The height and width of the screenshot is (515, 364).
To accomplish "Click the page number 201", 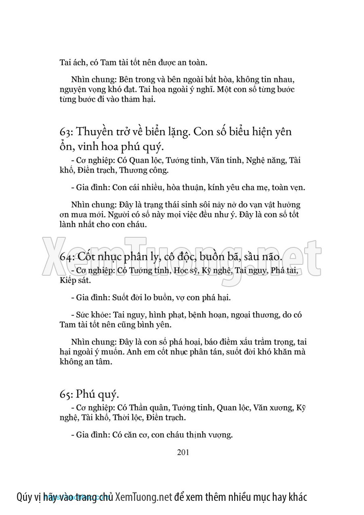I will pos(183,452).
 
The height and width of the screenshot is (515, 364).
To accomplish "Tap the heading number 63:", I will pos(66,132).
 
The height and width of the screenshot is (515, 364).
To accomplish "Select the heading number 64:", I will pos(66,257).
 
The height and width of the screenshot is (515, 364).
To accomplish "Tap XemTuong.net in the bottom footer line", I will pos(144,497).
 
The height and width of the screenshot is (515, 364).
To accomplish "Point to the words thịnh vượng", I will pos(210,435).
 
